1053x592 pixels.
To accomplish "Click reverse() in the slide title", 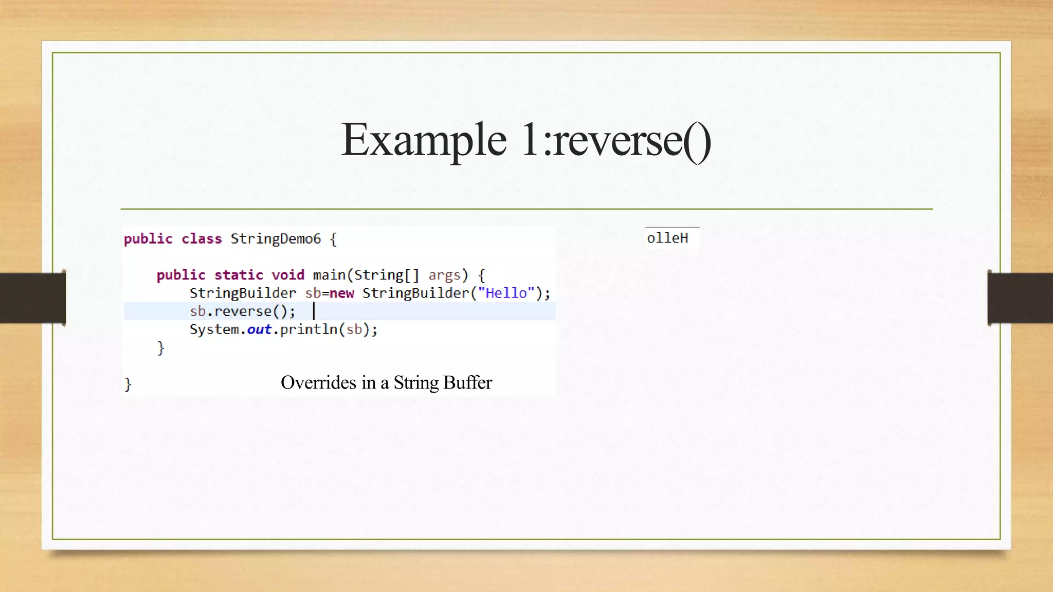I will click(x=632, y=140).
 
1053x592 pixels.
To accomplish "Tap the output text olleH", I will click(x=667, y=238).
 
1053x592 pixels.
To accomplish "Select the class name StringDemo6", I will click(x=276, y=239).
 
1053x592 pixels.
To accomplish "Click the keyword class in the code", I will click(x=202, y=239).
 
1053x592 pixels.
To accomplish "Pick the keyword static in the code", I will click(x=239, y=275).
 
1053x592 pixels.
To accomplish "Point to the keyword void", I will click(x=288, y=275).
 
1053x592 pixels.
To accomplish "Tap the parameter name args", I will click(x=444, y=275).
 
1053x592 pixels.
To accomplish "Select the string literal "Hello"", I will click(x=506, y=293).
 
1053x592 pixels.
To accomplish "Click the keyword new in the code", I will click(x=341, y=293).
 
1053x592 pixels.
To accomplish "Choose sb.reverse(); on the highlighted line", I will click(x=243, y=311).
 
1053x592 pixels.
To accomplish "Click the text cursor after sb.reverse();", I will click(x=314, y=311).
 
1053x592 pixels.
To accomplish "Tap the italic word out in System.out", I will click(x=259, y=330).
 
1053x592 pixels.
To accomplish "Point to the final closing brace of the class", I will click(x=128, y=384).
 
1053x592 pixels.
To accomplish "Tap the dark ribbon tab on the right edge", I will click(x=1020, y=298).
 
